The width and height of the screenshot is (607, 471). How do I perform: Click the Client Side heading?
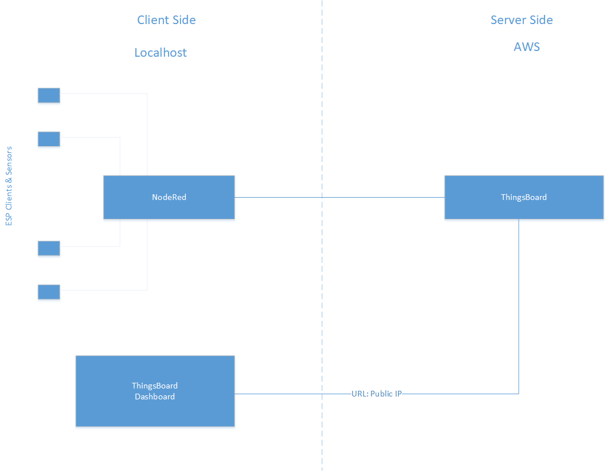[x=166, y=19]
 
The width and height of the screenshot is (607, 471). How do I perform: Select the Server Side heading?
[x=522, y=19]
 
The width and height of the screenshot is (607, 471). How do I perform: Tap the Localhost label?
[x=160, y=52]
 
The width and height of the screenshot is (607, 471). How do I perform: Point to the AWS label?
[x=527, y=47]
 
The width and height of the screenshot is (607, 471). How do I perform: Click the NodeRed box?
[x=169, y=197]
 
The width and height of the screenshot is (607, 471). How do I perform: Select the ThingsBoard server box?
[x=524, y=197]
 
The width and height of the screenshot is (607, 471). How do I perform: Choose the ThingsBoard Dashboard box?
[x=155, y=391]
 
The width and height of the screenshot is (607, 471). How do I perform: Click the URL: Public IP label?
[x=376, y=394]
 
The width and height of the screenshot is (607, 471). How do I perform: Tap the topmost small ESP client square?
[x=49, y=95]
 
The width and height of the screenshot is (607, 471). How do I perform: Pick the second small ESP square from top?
[x=49, y=139]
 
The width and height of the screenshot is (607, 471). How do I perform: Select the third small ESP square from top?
[x=49, y=248]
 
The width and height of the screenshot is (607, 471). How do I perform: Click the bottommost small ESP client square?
[x=49, y=292]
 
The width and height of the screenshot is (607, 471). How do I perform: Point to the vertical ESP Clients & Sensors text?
[x=9, y=186]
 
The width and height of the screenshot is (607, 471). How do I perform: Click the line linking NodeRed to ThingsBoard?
[x=339, y=197]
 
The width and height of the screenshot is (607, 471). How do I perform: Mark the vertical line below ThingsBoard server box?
[x=519, y=307]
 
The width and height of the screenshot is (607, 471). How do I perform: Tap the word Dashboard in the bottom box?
[x=155, y=397]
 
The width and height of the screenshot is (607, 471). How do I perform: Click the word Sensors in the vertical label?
[x=9, y=160]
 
